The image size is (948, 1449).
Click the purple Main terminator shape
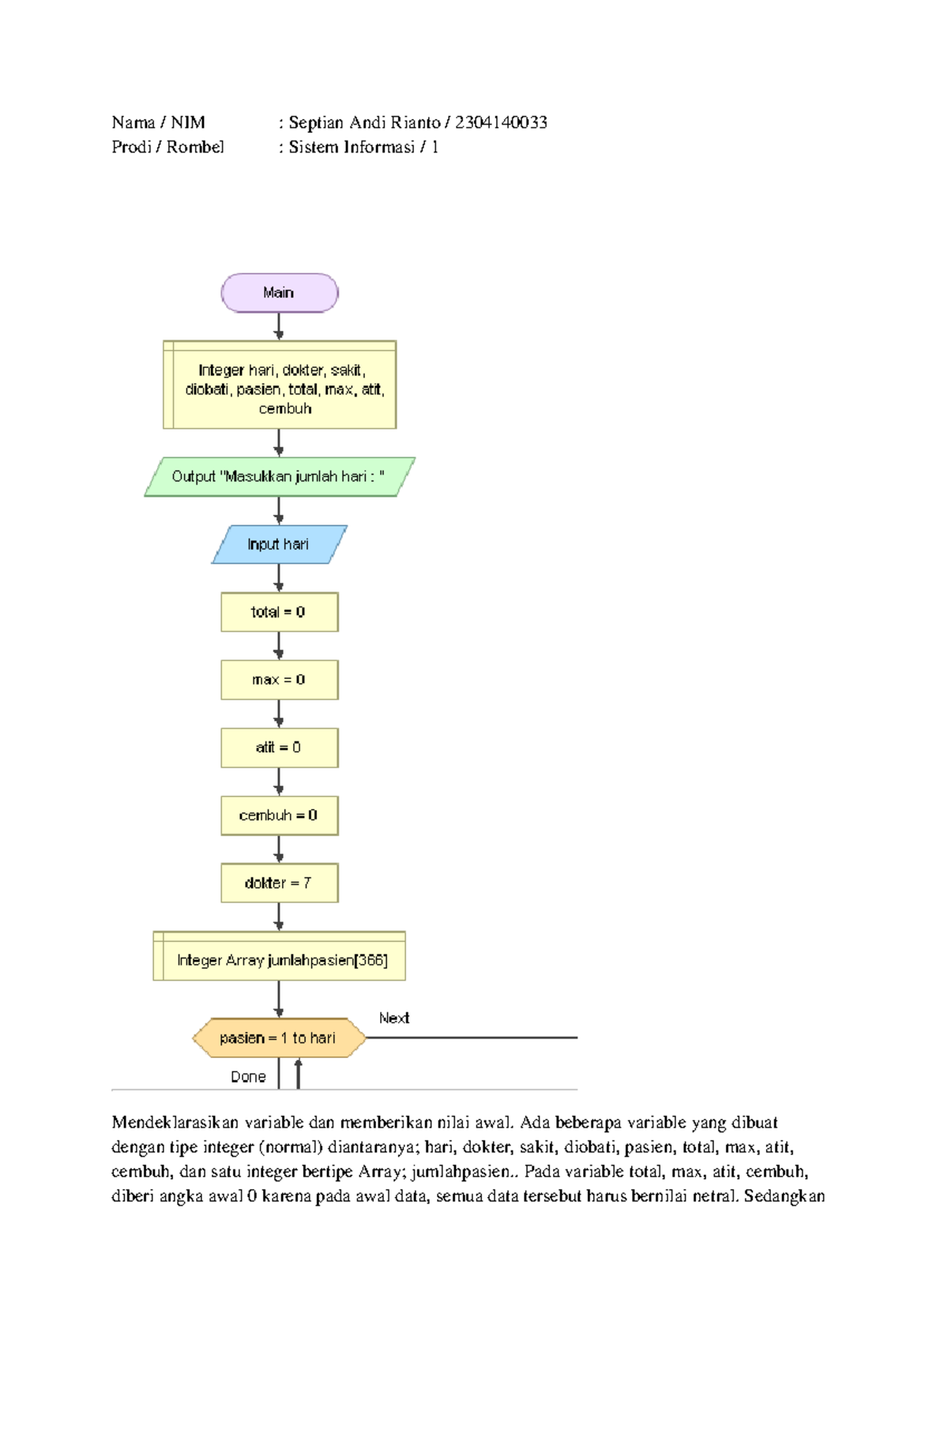click(x=279, y=293)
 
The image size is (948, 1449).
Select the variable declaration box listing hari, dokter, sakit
click(x=279, y=386)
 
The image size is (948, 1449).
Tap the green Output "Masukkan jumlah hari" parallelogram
click(x=279, y=477)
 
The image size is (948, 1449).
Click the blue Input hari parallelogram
click(x=279, y=544)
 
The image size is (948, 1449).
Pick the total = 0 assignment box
click(x=279, y=612)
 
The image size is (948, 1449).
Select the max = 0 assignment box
click(x=279, y=680)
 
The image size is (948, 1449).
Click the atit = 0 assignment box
click(x=279, y=748)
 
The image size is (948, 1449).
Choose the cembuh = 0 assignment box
click(x=279, y=816)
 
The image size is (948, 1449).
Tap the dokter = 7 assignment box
click(x=279, y=883)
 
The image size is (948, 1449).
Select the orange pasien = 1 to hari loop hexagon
click(x=279, y=1038)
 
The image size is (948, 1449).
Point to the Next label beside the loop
click(x=393, y=1018)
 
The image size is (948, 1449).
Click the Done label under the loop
click(x=248, y=1076)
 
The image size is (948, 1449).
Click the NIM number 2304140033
click(x=501, y=122)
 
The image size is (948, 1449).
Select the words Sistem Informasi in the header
click(x=352, y=147)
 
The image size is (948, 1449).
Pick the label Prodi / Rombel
click(x=167, y=147)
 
